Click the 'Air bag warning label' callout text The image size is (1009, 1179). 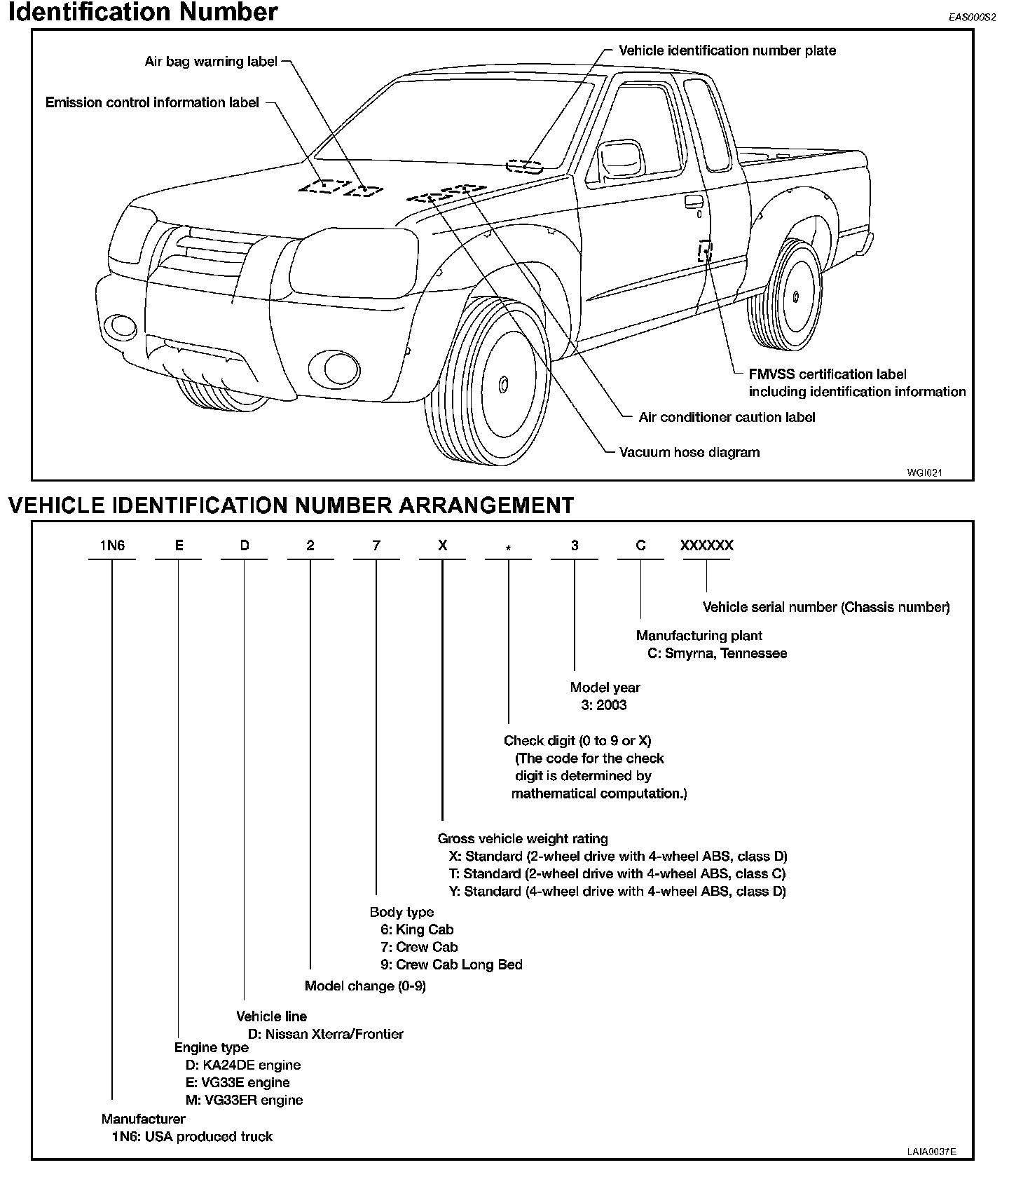click(x=211, y=62)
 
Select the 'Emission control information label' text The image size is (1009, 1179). click(x=152, y=103)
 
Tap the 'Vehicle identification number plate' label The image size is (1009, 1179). click(x=727, y=50)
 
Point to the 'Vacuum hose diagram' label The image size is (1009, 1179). click(x=689, y=453)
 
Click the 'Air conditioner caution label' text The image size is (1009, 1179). click(x=727, y=418)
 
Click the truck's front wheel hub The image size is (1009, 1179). click(x=503, y=384)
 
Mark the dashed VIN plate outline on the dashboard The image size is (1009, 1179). click(x=524, y=166)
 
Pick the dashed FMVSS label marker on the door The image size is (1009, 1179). click(x=704, y=251)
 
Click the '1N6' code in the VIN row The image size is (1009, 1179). click(x=112, y=545)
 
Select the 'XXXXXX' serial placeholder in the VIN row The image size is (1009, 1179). click(x=706, y=545)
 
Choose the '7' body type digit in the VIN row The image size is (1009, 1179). click(x=376, y=545)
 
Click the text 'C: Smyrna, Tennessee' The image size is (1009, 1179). click(x=717, y=653)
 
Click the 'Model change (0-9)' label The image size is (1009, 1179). click(x=365, y=986)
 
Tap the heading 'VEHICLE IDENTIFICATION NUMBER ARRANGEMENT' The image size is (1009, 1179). click(x=291, y=505)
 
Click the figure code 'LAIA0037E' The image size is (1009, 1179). click(x=931, y=1151)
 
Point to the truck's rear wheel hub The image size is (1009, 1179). click(x=796, y=297)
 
